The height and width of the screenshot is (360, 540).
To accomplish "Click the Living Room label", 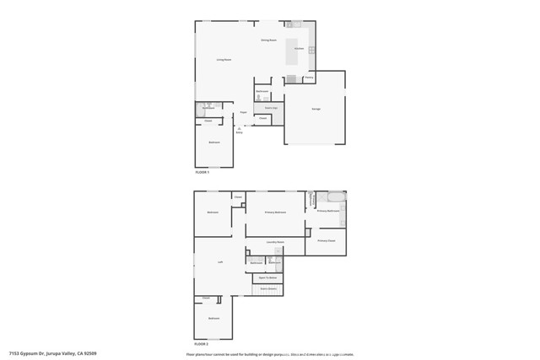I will click(224, 60).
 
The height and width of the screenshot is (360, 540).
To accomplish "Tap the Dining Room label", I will click(268, 40).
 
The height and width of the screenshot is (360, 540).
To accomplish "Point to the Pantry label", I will click(310, 78).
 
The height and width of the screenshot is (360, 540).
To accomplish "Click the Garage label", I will click(316, 109).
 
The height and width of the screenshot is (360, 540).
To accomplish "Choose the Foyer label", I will click(243, 112).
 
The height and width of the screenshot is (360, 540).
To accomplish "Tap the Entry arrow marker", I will click(239, 130).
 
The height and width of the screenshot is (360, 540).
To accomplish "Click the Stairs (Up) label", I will click(270, 108).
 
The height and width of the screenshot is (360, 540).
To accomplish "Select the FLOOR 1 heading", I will click(202, 172).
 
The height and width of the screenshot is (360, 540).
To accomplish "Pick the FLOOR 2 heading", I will click(202, 344).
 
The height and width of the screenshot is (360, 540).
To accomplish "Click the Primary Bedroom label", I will click(275, 212).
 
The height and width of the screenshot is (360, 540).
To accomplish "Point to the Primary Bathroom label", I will click(327, 211).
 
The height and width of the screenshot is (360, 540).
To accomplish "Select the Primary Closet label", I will click(326, 241).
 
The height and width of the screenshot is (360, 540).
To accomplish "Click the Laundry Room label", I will click(275, 242).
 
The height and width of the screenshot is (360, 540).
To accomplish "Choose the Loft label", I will click(220, 262).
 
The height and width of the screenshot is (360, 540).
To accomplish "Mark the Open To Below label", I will click(268, 277).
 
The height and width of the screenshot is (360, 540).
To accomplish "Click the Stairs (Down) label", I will click(268, 289).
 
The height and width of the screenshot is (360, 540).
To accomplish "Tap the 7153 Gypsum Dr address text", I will click(52, 354).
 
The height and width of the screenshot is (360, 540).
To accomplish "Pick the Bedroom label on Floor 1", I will click(214, 142).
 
